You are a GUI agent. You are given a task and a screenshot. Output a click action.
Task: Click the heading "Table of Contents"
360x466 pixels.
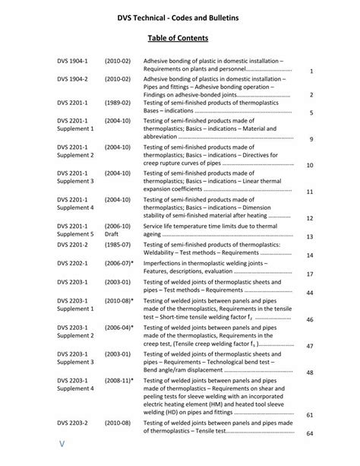pyautogui.click(x=178, y=37)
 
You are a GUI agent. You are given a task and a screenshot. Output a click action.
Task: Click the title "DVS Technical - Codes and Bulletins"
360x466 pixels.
pyautogui.click(x=178, y=14)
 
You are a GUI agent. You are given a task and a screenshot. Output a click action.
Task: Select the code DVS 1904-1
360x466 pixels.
pyautogui.click(x=72, y=60)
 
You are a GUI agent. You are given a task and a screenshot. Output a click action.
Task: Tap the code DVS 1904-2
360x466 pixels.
pyautogui.click(x=72, y=78)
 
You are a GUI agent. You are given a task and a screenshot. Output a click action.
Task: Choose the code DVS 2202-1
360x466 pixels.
pyautogui.click(x=72, y=262)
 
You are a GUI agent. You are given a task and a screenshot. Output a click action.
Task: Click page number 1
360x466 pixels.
pyautogui.click(x=312, y=71)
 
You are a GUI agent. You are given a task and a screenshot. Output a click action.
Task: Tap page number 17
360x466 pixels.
pyautogui.click(x=310, y=274)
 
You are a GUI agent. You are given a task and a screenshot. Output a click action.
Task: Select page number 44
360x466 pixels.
pyautogui.click(x=310, y=292)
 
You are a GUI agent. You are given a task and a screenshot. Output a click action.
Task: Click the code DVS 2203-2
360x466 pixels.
pyautogui.click(x=72, y=421)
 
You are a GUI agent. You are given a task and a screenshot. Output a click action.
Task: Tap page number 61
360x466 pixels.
pyautogui.click(x=310, y=415)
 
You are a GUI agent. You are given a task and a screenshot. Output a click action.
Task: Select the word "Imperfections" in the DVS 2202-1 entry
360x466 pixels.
pyautogui.click(x=166, y=262)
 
